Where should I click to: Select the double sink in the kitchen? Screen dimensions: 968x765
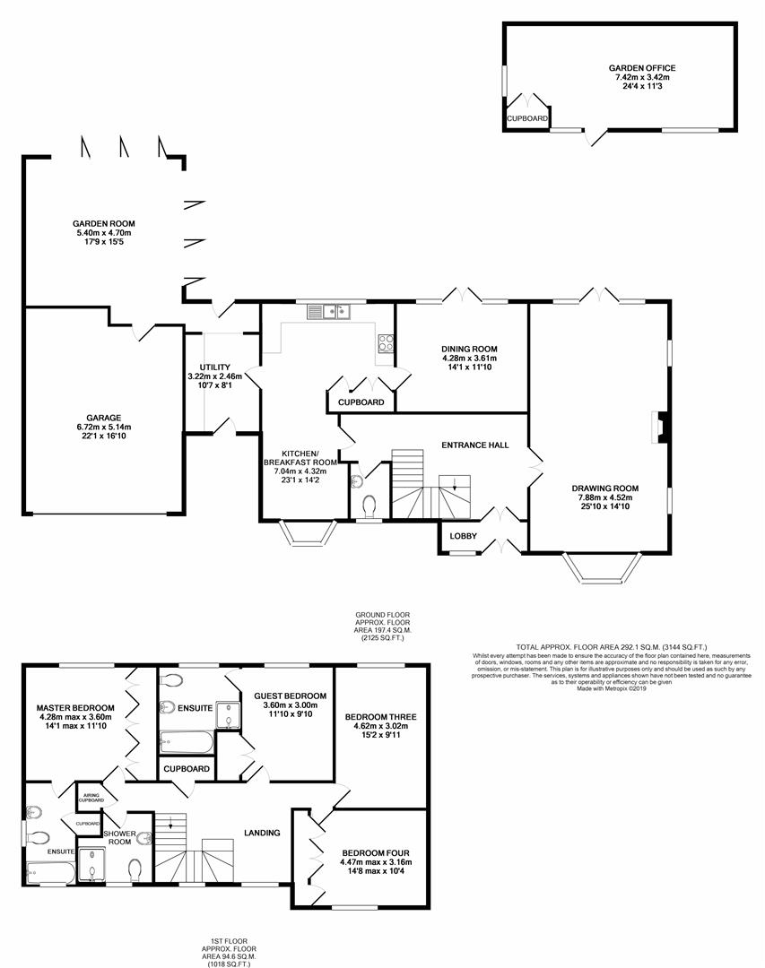tap(329, 312)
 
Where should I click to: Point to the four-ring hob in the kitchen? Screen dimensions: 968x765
tap(387, 342)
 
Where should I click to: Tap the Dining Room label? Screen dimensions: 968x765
tap(469, 349)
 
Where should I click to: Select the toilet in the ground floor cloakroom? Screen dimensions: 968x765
tap(368, 508)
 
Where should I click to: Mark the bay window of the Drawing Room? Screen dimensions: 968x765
tap(602, 569)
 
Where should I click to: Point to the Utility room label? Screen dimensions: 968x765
tap(215, 367)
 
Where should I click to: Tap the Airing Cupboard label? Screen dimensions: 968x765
tap(92, 798)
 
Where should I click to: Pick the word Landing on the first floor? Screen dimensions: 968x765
tap(263, 833)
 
